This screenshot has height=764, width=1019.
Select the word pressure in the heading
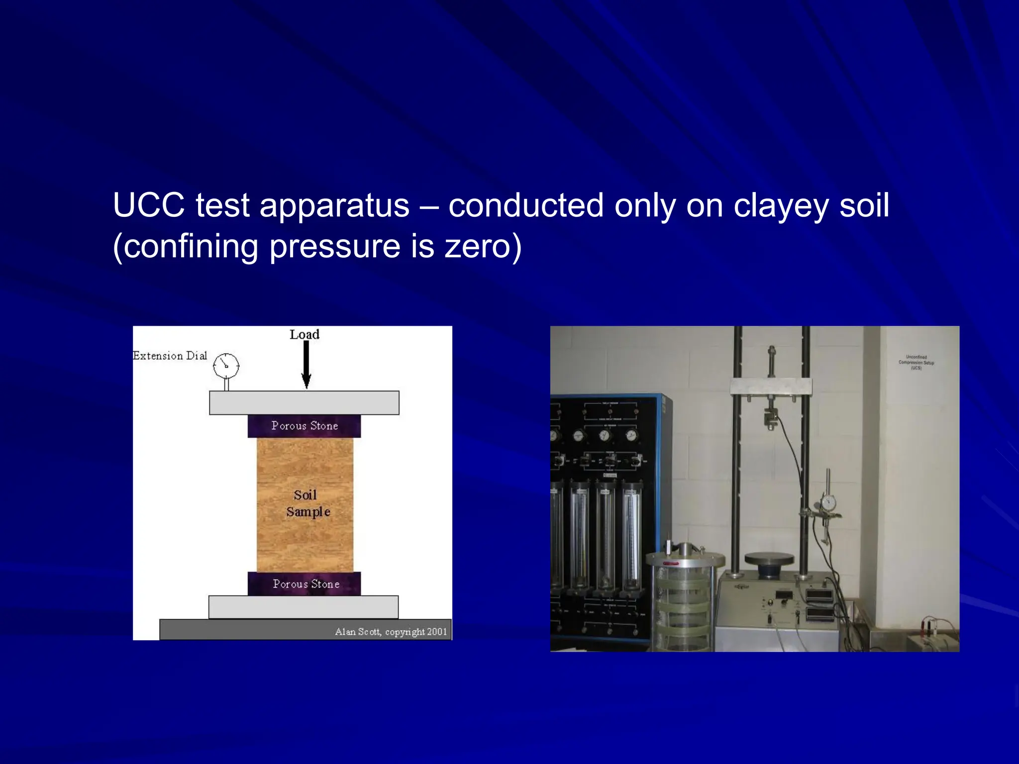334,247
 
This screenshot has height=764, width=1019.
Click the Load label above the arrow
305,334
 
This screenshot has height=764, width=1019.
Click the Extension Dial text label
170,356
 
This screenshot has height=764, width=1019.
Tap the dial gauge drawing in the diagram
226,366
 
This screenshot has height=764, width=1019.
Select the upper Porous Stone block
304,426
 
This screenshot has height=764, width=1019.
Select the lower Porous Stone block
304,584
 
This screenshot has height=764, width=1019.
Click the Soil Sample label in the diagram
306,503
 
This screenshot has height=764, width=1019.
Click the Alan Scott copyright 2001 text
391,632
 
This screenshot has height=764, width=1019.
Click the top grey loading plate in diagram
304,402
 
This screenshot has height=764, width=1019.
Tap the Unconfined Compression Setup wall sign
916,363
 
